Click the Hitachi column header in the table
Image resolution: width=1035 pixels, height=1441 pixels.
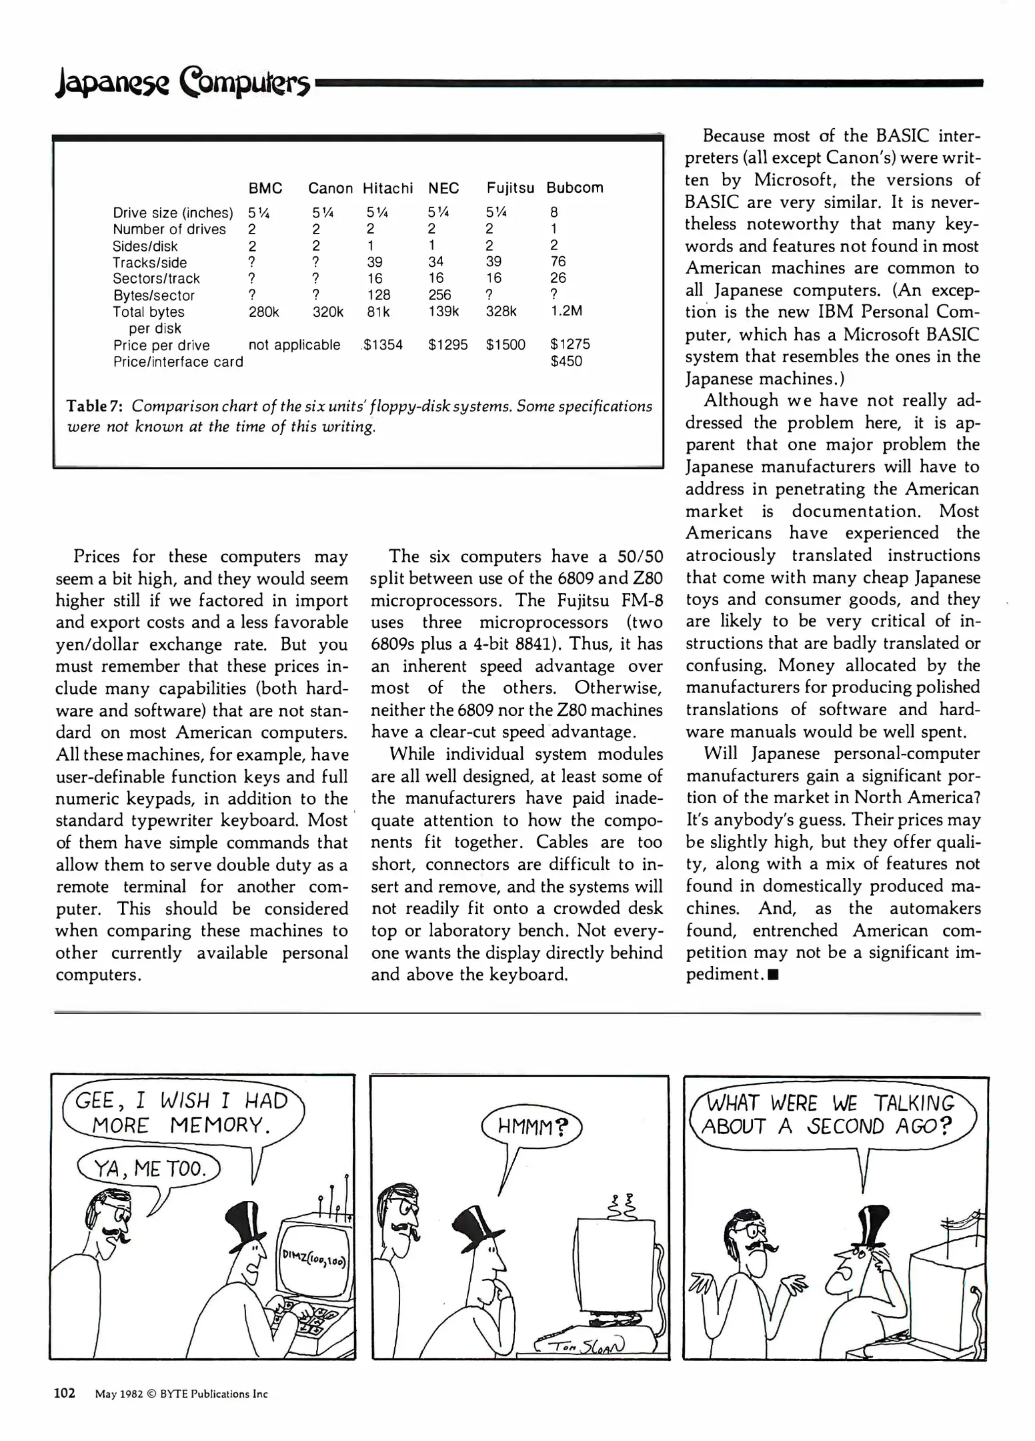[x=387, y=188]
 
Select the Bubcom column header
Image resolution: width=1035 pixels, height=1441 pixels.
[x=574, y=188]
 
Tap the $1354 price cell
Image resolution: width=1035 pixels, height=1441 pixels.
[x=383, y=345]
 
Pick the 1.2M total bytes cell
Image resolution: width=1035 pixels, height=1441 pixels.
[x=566, y=311]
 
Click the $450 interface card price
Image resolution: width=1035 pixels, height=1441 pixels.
[x=566, y=362]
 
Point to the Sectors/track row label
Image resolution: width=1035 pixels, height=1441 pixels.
[x=156, y=279]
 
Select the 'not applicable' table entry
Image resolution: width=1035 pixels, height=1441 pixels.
[x=294, y=345]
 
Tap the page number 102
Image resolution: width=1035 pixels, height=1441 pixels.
[x=65, y=1393]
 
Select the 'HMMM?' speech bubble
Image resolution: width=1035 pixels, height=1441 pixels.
[x=532, y=1127]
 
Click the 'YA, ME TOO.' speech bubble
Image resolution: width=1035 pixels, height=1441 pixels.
[x=149, y=1168]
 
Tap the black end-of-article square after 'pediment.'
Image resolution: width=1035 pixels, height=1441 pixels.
[x=773, y=975]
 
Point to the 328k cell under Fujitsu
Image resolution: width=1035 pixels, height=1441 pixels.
[x=501, y=312]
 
